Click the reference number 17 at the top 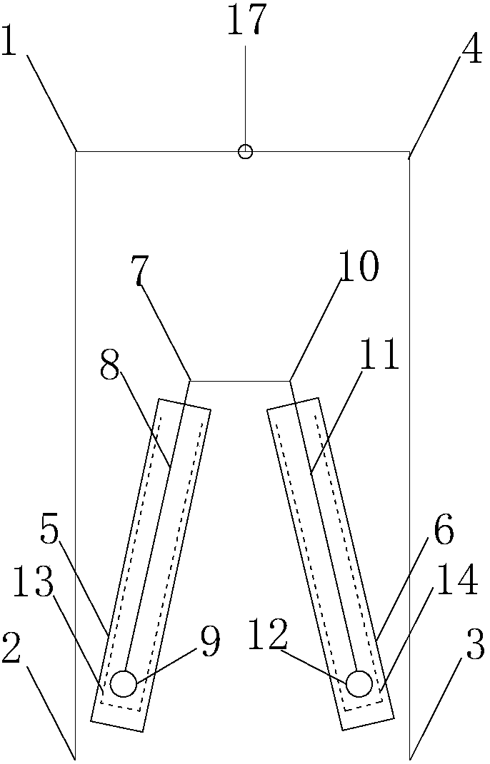click(246, 21)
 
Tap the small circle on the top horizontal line click(245, 151)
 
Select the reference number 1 click(9, 44)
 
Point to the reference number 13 click(32, 584)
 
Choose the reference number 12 click(268, 634)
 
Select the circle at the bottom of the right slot click(359, 683)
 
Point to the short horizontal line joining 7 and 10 click(240, 381)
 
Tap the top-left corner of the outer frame click(76, 151)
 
